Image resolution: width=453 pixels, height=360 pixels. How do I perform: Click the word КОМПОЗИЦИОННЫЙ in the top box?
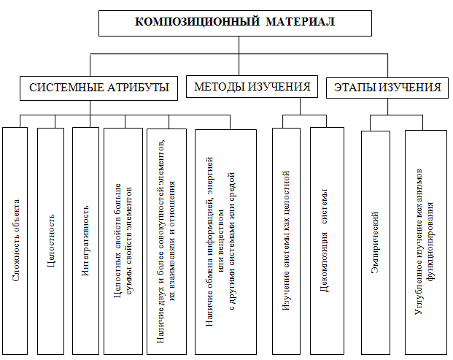[197, 22]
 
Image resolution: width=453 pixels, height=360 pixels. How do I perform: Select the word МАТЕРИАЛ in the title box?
[300, 22]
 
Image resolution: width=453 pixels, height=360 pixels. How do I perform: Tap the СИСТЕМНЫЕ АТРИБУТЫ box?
[98, 88]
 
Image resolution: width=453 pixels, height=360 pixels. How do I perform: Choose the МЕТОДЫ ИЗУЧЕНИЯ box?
[252, 86]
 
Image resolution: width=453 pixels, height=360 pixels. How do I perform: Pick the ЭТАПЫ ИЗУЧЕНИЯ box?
[387, 88]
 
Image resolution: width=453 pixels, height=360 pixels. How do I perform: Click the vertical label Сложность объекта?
[16, 240]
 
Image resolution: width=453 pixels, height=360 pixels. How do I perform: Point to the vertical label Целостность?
[51, 240]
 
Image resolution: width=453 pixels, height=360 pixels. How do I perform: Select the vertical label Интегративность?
[85, 240]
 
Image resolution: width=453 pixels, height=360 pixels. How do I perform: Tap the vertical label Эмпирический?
[375, 242]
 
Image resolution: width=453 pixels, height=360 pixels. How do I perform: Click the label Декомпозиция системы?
[325, 240]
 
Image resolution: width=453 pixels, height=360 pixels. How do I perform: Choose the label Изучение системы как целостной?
[286, 240]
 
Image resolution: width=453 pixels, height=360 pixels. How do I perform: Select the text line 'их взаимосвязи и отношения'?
[172, 241]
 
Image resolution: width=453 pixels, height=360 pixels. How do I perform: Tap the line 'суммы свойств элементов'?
[129, 241]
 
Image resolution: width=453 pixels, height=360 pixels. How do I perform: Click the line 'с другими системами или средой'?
[232, 241]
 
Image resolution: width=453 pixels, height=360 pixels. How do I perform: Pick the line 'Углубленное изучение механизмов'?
[419, 242]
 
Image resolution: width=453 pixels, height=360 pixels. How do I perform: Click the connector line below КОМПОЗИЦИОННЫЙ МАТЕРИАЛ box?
[239, 55]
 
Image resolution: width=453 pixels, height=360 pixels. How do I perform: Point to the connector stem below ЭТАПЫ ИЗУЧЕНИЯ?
[387, 107]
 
